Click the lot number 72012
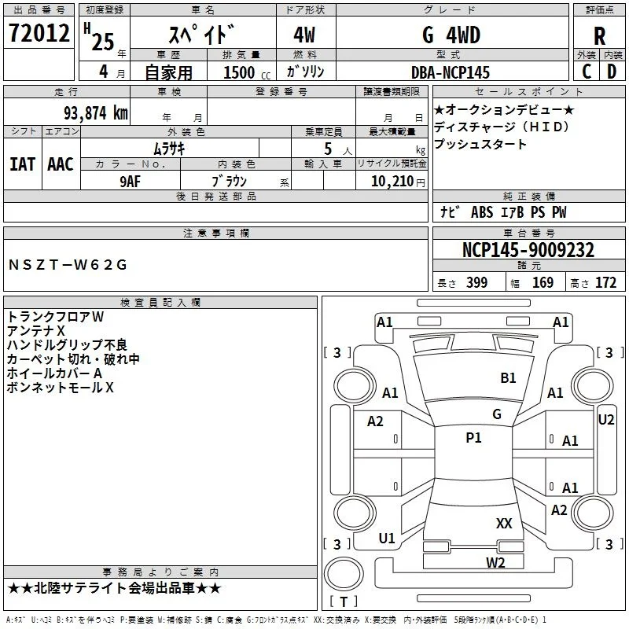pos(39,32)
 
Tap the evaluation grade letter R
pos(599,36)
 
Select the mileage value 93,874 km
pos(96,113)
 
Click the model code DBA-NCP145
pos(451,72)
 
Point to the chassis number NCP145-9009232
pos(528,250)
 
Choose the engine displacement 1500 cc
pos(247,72)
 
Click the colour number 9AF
pos(131,182)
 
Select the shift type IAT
pos(23,164)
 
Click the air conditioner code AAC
pos(61,164)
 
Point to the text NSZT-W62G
pos(68,265)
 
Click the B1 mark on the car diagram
pos(508,378)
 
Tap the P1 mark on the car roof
pos(473,437)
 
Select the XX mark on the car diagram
pos(504,523)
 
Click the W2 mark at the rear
pos(495,563)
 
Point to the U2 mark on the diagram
pos(606,420)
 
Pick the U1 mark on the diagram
pos(387,539)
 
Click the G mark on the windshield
pos(497,414)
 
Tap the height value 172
pos(605,283)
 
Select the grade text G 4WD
pos(451,35)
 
